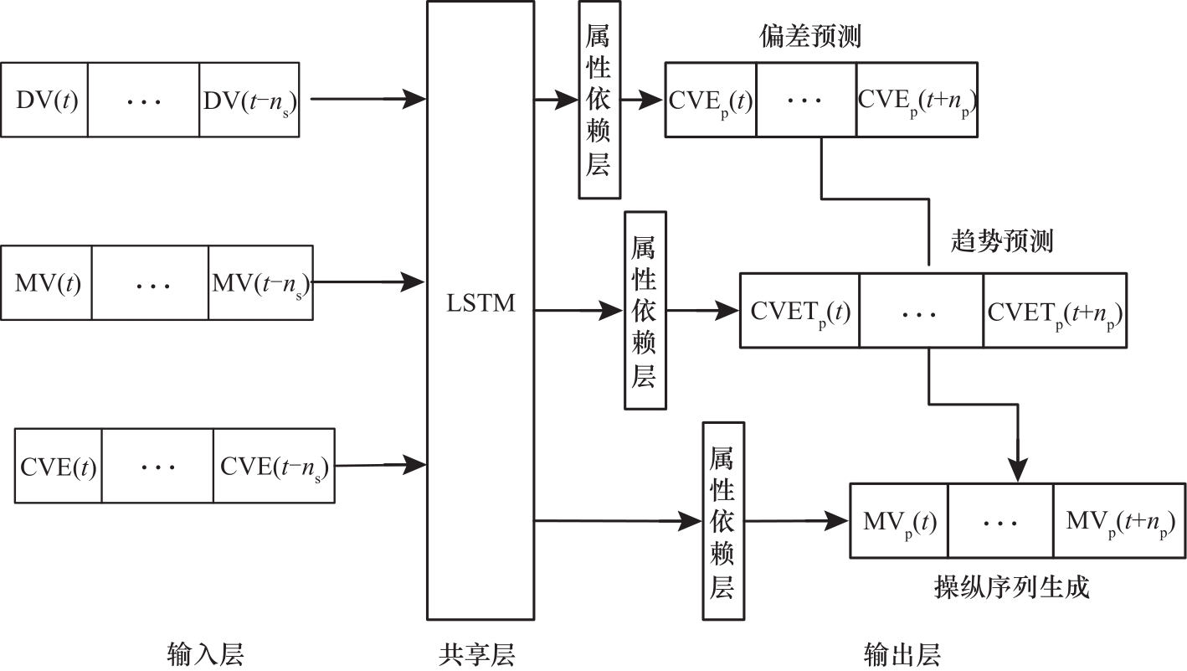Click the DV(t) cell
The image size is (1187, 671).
pyautogui.click(x=45, y=100)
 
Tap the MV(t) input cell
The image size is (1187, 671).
pyautogui.click(x=48, y=283)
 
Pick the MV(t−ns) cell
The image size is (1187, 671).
pyautogui.click(x=259, y=283)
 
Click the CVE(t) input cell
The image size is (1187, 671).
pyautogui.click(x=59, y=467)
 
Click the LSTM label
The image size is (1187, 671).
pyautogui.click(x=480, y=303)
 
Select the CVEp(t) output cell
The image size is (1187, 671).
pyautogui.click(x=711, y=101)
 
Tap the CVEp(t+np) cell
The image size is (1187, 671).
pyautogui.click(x=917, y=101)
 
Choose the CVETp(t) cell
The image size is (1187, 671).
pyautogui.click(x=799, y=312)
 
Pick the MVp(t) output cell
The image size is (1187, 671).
pyautogui.click(x=899, y=521)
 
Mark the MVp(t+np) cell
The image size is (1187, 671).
pyautogui.click(x=1119, y=521)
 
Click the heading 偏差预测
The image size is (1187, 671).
pyautogui.click(x=810, y=38)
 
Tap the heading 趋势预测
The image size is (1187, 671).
pyautogui.click(x=1002, y=241)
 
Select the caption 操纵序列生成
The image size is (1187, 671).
pyautogui.click(x=1011, y=587)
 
